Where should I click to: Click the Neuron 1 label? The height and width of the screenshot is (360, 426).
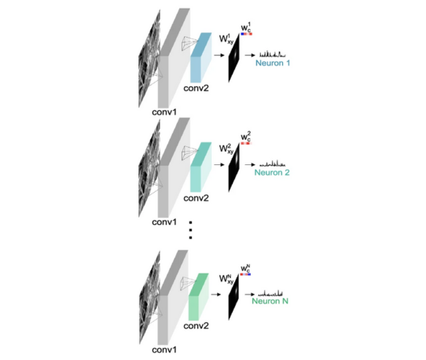click(273, 63)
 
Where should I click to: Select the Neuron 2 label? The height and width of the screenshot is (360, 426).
click(272, 172)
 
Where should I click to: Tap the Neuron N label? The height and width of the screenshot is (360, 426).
click(270, 301)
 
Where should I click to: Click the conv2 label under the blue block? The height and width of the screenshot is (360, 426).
click(196, 88)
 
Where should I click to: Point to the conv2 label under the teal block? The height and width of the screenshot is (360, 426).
click(196, 198)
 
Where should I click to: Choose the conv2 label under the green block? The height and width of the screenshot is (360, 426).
click(196, 325)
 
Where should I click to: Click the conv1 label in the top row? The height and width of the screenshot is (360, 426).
click(164, 112)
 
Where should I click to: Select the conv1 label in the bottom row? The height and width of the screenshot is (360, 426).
click(164, 350)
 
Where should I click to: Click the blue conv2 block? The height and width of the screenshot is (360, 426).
click(200, 57)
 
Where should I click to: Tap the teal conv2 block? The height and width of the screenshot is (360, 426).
click(200, 167)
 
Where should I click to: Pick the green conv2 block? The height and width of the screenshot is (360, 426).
click(199, 296)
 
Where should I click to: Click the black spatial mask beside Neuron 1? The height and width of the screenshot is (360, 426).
click(234, 58)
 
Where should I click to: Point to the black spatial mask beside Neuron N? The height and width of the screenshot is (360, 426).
click(233, 297)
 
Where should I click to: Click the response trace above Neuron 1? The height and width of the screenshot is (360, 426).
click(273, 54)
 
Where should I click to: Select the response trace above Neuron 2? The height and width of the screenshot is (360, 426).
click(273, 163)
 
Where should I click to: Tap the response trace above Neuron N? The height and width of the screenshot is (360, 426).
click(270, 293)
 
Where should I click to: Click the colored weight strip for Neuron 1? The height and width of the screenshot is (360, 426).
click(247, 34)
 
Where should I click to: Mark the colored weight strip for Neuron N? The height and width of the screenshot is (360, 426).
click(245, 274)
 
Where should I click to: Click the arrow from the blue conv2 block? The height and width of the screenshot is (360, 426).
click(219, 56)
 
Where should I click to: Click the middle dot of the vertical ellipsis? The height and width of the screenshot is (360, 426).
click(190, 230)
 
